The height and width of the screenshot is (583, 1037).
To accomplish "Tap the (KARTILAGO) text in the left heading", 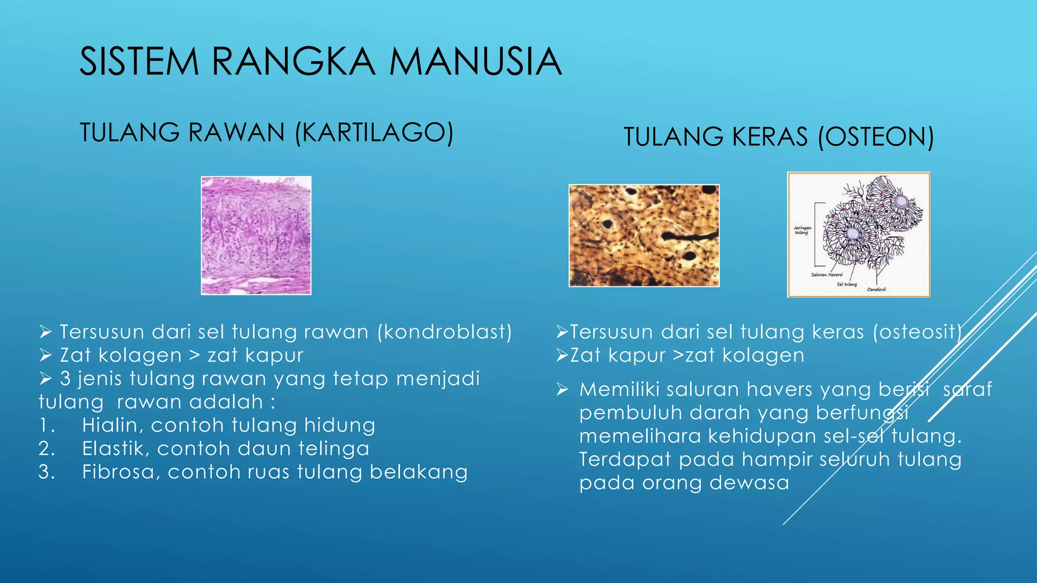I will point(374,133).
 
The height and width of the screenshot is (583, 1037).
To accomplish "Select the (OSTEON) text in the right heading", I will point(876,137).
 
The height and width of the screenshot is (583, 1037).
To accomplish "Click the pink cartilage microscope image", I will point(256,235).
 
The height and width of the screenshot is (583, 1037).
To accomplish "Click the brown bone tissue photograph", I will point(644,235).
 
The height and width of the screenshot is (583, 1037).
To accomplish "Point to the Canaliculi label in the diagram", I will point(876,289).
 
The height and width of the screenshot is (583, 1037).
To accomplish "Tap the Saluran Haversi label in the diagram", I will point(827,275).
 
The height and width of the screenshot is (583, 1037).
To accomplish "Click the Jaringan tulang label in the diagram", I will point(802,230).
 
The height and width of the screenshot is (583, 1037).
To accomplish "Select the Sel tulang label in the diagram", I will point(847,284).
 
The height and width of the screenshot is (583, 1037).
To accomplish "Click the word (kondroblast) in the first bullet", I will point(445,332).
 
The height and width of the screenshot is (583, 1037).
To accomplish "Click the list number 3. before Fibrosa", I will point(47,472).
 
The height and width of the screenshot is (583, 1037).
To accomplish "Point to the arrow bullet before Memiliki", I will point(563,390).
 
